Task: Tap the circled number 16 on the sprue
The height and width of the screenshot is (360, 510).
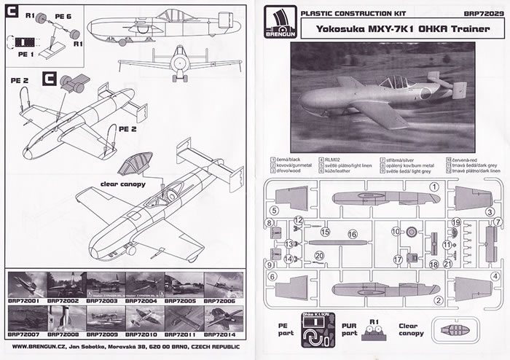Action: [353, 234]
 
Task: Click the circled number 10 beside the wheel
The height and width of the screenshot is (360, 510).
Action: [396, 231]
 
